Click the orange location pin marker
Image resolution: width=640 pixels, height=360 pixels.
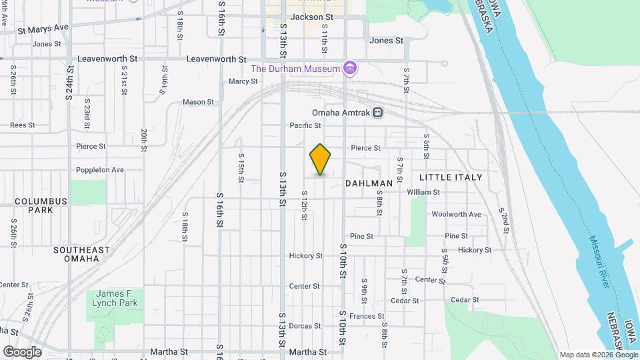(320, 159)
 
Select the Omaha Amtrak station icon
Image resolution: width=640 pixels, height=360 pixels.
(378, 112)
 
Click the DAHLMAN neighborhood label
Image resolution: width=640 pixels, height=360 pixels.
(369, 183)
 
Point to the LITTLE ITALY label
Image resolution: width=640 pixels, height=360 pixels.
(451, 177)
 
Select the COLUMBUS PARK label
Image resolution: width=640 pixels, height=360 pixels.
(41, 205)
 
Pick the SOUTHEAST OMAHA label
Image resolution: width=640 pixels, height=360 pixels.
(82, 254)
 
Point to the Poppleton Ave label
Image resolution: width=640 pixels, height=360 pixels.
(100, 170)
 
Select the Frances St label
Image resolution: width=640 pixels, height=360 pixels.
(367, 316)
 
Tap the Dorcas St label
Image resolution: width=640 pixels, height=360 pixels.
(305, 326)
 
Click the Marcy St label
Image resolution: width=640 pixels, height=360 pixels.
(243, 81)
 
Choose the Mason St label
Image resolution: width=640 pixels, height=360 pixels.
(199, 103)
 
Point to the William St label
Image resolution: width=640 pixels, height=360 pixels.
(423, 192)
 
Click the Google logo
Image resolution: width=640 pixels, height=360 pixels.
(22, 351)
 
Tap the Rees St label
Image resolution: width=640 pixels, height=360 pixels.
(22, 125)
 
